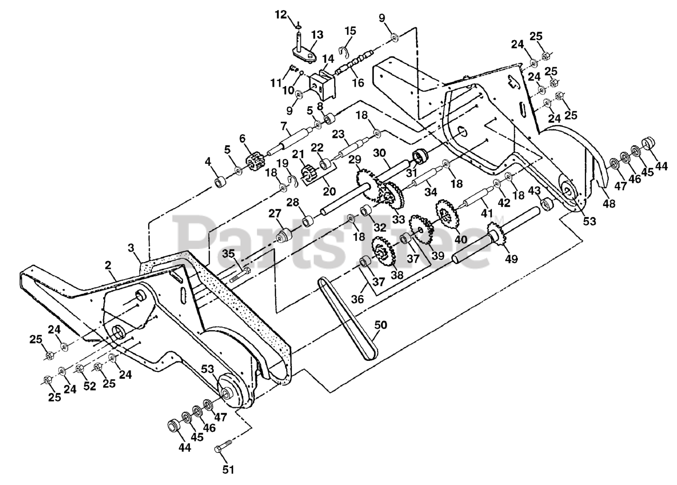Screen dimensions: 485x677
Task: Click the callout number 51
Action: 228,469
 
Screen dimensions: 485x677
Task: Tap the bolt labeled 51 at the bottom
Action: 223,446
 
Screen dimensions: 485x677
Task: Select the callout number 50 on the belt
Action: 380,324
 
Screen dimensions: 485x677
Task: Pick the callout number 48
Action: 609,203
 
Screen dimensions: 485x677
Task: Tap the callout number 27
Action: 274,213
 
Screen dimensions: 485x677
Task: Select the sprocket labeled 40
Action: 445,214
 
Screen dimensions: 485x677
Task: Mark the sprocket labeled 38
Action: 382,252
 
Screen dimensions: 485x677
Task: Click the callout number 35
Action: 228,254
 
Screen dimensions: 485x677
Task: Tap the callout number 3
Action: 130,247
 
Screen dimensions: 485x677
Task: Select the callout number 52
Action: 90,386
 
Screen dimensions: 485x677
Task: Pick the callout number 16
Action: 358,82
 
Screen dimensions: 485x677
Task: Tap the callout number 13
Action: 316,35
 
